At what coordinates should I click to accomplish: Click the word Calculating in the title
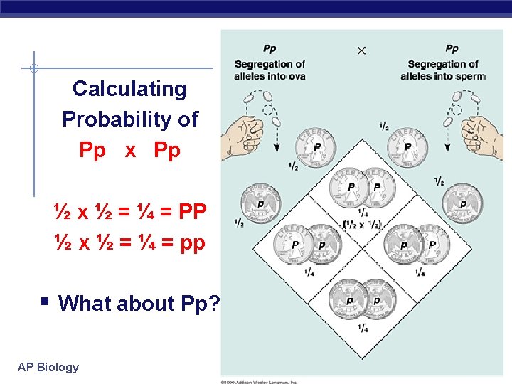tap(129, 89)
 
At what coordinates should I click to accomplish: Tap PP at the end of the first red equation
tap(193, 211)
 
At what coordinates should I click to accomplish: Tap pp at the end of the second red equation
tap(193, 242)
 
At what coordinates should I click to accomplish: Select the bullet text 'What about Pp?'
tap(139, 303)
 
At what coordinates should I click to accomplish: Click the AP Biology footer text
tap(48, 367)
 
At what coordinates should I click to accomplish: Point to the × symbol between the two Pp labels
tap(361, 50)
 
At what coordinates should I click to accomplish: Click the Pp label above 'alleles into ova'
tap(270, 49)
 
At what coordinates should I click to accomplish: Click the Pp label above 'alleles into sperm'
tap(452, 49)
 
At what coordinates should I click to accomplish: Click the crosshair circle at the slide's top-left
tap(33, 69)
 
